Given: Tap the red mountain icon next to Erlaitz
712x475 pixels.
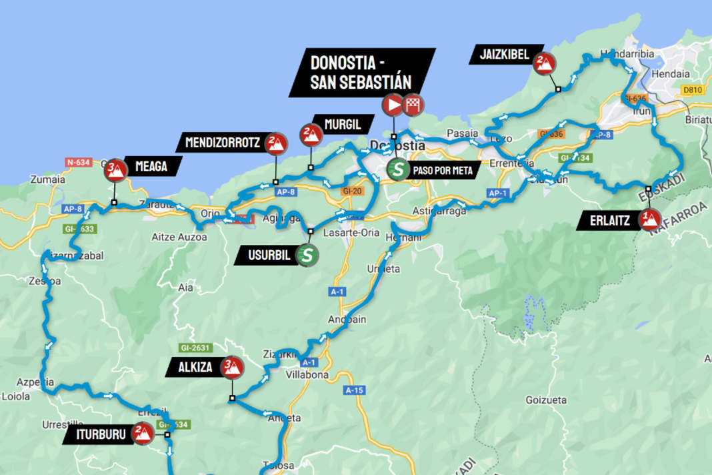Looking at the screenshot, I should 649,218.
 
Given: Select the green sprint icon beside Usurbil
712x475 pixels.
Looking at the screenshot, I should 307,255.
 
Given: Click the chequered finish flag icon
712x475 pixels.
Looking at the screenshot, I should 415,104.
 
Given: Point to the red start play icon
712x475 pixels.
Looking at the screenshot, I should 393,104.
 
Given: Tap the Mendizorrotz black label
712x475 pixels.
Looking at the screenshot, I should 222,142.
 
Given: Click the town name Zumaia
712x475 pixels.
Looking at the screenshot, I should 47,179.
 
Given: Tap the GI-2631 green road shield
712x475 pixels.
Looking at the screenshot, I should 194,348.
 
